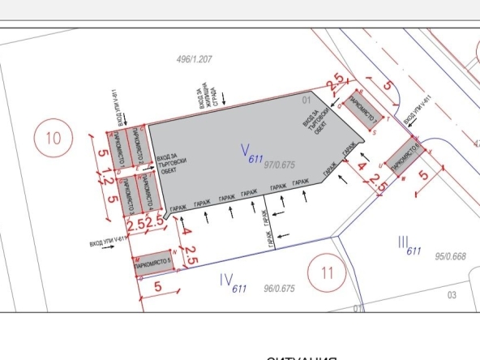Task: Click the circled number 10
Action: (53, 138)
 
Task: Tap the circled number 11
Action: (328, 272)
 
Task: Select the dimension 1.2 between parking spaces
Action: (103, 172)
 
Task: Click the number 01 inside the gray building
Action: (306, 100)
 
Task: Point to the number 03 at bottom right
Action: (452, 296)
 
